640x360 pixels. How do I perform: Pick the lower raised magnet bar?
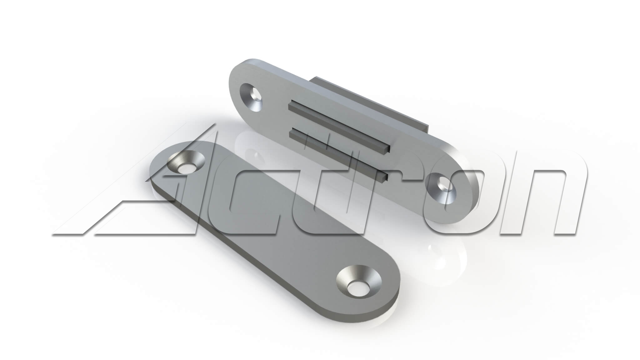pyautogui.click(x=338, y=154)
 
